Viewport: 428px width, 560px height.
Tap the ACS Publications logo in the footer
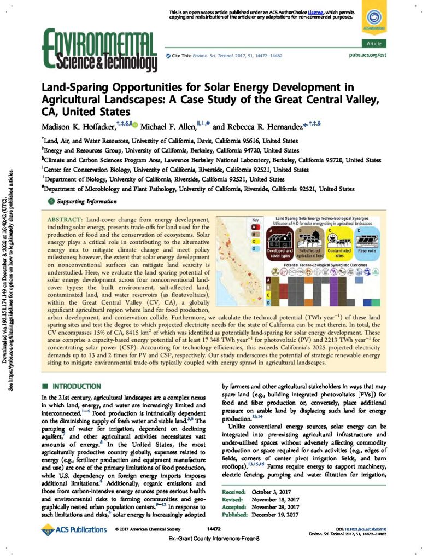tap(75, 529)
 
